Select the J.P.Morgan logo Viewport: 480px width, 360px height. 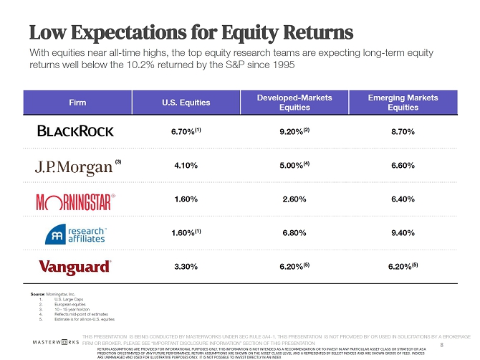pos(75,166)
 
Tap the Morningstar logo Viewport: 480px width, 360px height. pos(75,200)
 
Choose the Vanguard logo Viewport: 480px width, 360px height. pos(75,267)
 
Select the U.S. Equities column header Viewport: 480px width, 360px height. pos(186,103)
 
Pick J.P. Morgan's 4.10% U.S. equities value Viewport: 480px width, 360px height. pos(186,166)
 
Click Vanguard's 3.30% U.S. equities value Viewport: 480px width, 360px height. pos(186,267)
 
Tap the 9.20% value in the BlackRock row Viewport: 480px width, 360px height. pos(292,133)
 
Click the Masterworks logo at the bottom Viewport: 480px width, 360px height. pos(54,343)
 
